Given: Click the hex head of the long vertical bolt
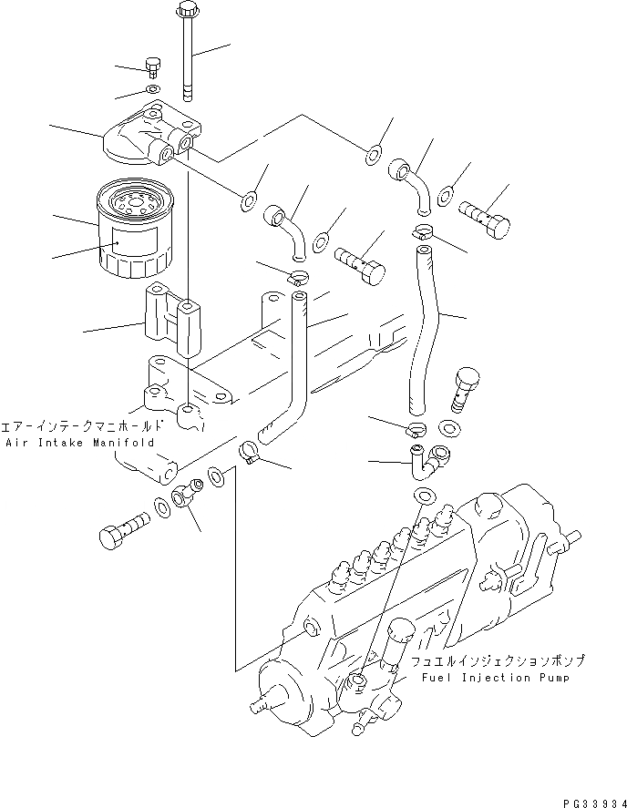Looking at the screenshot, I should pos(185,12).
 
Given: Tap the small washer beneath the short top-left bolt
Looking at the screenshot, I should pos(151,89).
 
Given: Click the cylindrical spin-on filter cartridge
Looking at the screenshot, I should pos(132,229).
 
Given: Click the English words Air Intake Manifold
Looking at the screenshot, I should pos(80,442).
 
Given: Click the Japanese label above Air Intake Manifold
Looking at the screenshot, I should pos(83,425).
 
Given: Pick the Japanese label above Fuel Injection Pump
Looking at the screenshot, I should pos(497,661).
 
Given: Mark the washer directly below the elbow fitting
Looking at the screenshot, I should pos(423,495).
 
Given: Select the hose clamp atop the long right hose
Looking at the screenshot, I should pos(423,231).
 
